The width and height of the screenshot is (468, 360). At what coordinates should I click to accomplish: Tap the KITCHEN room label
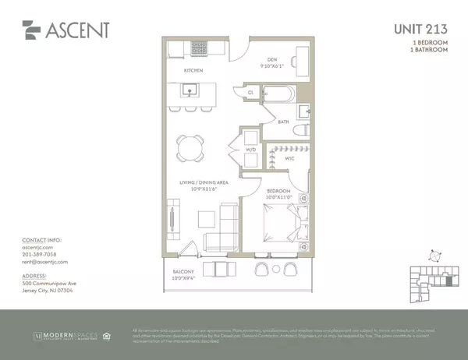point(193,71)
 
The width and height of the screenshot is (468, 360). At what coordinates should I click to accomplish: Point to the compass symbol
point(434,254)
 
